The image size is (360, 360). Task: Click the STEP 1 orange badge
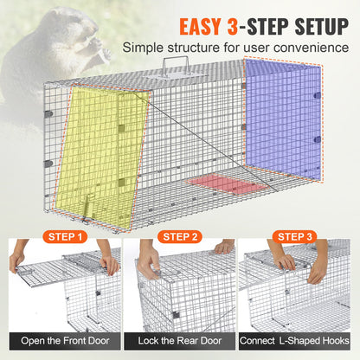[x=65, y=235]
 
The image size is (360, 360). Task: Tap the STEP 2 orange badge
[x=179, y=235]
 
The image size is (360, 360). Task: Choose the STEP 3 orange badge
[x=293, y=235]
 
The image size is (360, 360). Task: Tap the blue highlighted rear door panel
[x=281, y=117]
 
